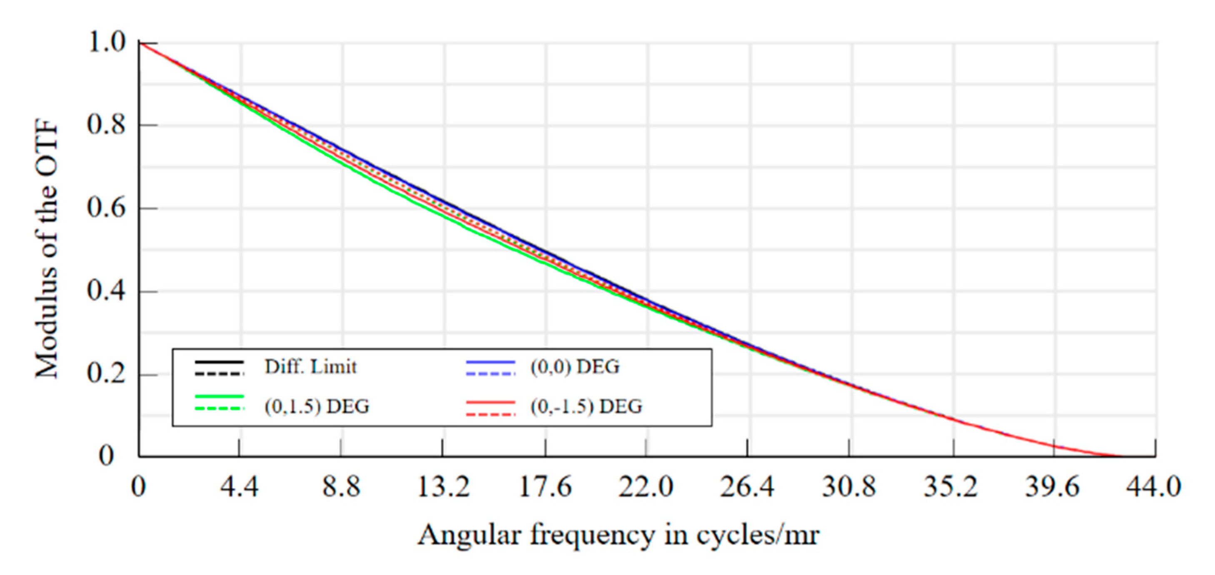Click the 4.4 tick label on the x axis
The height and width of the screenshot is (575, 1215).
click(x=239, y=487)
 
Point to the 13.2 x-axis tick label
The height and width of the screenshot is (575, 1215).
click(x=443, y=487)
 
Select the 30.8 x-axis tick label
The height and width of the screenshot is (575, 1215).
click(x=848, y=487)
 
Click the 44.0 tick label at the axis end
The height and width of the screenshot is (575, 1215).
click(x=1153, y=487)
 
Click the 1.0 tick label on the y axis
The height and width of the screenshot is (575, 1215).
click(x=107, y=43)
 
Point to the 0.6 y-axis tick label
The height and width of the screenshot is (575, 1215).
click(x=107, y=208)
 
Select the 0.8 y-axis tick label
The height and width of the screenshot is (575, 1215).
click(x=107, y=125)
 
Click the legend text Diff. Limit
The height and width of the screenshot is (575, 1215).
click(x=310, y=367)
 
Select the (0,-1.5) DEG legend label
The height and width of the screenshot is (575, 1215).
click(x=586, y=406)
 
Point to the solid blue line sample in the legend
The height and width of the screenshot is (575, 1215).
click(x=491, y=362)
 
